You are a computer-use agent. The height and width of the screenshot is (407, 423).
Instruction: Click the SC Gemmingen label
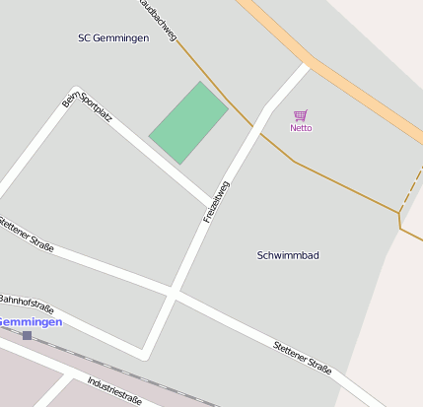click(113, 38)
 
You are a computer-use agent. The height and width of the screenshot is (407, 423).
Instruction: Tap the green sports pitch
click(188, 123)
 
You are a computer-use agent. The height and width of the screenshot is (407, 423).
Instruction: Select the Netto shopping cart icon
click(301, 115)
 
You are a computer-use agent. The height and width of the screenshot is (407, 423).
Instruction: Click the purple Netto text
click(301, 128)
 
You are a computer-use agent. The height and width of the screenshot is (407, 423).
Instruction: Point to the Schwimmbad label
click(288, 255)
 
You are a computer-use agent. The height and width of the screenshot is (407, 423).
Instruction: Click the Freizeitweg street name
click(216, 201)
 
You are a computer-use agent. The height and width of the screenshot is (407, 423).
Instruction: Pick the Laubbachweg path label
click(158, 19)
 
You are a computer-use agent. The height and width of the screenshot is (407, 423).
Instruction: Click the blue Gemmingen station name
click(30, 322)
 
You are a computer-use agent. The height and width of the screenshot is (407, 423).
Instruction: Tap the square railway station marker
click(27, 336)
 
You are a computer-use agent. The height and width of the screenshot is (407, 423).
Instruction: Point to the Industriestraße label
click(114, 390)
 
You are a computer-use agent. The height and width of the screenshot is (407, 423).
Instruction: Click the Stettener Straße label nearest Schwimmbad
click(301, 356)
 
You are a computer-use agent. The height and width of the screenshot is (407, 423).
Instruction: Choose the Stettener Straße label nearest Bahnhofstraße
click(27, 235)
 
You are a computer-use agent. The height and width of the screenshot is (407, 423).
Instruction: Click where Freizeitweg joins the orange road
click(307, 66)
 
